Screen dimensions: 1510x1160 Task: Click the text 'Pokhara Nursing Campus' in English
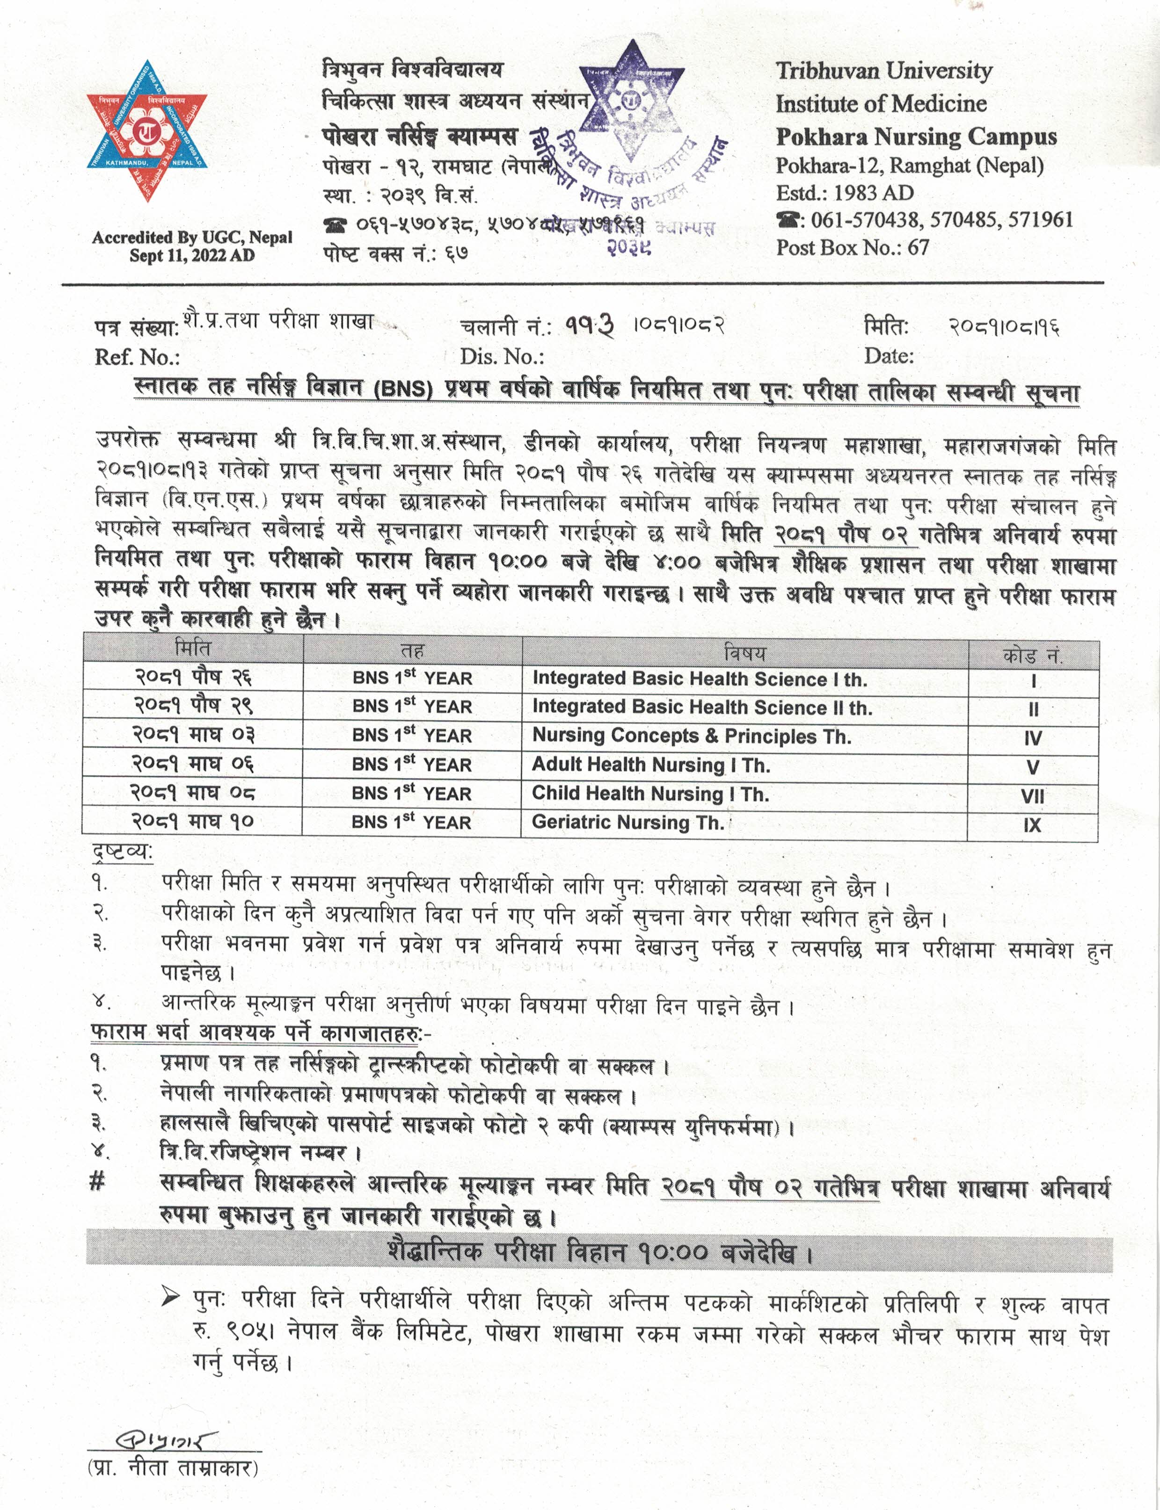pyautogui.click(x=916, y=137)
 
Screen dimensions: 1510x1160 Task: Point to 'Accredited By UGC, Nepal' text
pyautogui.click(x=192, y=238)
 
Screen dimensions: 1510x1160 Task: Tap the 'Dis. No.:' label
pyautogui.click(x=502, y=357)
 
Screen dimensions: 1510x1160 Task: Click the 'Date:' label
pyautogui.click(x=889, y=356)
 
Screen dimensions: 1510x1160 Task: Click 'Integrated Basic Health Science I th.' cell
pyautogui.click(x=700, y=679)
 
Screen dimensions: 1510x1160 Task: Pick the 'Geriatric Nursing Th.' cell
pyautogui.click(x=627, y=822)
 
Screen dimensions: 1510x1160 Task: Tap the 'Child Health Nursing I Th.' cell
pyautogui.click(x=650, y=794)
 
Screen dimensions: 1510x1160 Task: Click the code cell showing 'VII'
pyautogui.click(x=1032, y=796)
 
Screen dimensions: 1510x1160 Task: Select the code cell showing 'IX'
pyautogui.click(x=1032, y=825)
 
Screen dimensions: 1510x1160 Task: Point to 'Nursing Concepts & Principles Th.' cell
pyautogui.click(x=691, y=737)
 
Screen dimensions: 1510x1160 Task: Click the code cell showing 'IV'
pyautogui.click(x=1032, y=738)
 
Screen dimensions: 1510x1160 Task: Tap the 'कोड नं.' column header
pyautogui.click(x=1032, y=655)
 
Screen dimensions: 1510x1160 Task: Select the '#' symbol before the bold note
pyautogui.click(x=97, y=1183)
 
